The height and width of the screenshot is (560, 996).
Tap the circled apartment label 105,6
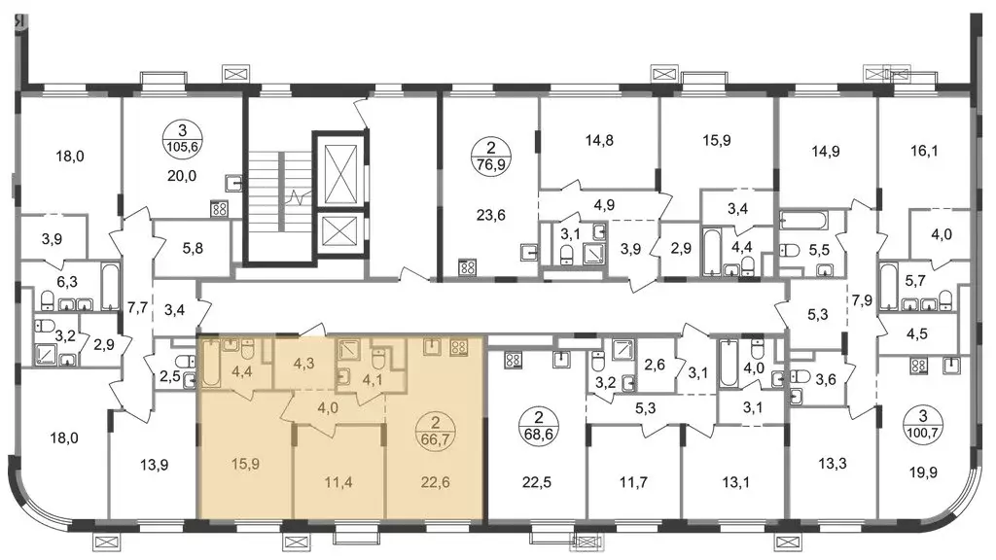(182, 139)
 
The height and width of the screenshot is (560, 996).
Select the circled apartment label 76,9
(490, 157)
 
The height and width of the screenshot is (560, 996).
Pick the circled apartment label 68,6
(539, 428)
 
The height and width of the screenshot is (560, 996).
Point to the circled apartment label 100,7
(923, 426)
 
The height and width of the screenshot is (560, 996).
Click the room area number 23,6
(490, 215)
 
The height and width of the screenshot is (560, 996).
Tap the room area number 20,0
(182, 176)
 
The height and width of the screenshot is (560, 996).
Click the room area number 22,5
(537, 482)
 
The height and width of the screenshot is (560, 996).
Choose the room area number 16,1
(924, 151)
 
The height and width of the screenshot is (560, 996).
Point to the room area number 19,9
(923, 473)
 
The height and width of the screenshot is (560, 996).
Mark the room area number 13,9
(154, 466)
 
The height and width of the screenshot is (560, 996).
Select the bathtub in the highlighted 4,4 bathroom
(211, 364)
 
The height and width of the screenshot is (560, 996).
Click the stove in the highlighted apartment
(459, 347)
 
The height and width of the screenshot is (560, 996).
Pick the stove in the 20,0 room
(219, 208)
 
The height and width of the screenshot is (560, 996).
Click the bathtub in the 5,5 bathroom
(803, 221)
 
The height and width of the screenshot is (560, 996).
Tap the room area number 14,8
(599, 140)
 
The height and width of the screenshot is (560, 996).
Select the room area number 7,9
(862, 301)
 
